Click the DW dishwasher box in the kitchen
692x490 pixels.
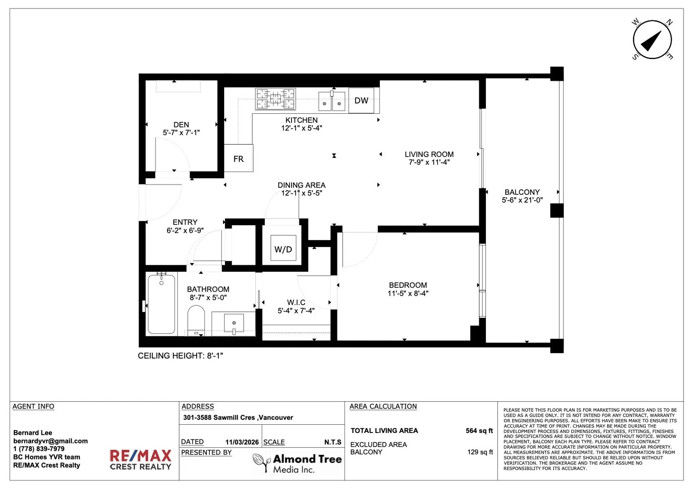[x=361, y=101]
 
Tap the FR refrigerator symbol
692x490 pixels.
[x=238, y=159]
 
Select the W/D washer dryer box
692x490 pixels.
[x=283, y=249]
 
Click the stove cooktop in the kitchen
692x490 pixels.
[x=275, y=99]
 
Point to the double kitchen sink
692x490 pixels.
[x=332, y=102]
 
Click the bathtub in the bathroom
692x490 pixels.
[x=161, y=304]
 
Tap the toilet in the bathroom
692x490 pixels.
[x=196, y=319]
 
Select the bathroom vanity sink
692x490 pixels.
[x=234, y=323]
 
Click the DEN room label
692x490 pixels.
[x=181, y=124]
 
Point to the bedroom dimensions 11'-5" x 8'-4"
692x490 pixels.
[x=408, y=293]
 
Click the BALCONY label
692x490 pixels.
[x=522, y=192]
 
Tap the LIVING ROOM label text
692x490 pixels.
[x=429, y=154]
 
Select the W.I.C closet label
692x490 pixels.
[x=296, y=302]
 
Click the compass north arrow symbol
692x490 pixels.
[x=652, y=40]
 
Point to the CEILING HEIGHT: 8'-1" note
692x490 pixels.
[x=180, y=356]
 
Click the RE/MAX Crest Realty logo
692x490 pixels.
[x=141, y=459]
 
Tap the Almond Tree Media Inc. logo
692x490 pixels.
[x=297, y=463]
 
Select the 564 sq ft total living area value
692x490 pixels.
[x=479, y=430]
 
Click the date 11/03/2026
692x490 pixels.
[x=242, y=442]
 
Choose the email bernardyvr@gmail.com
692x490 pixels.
[x=50, y=441]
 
